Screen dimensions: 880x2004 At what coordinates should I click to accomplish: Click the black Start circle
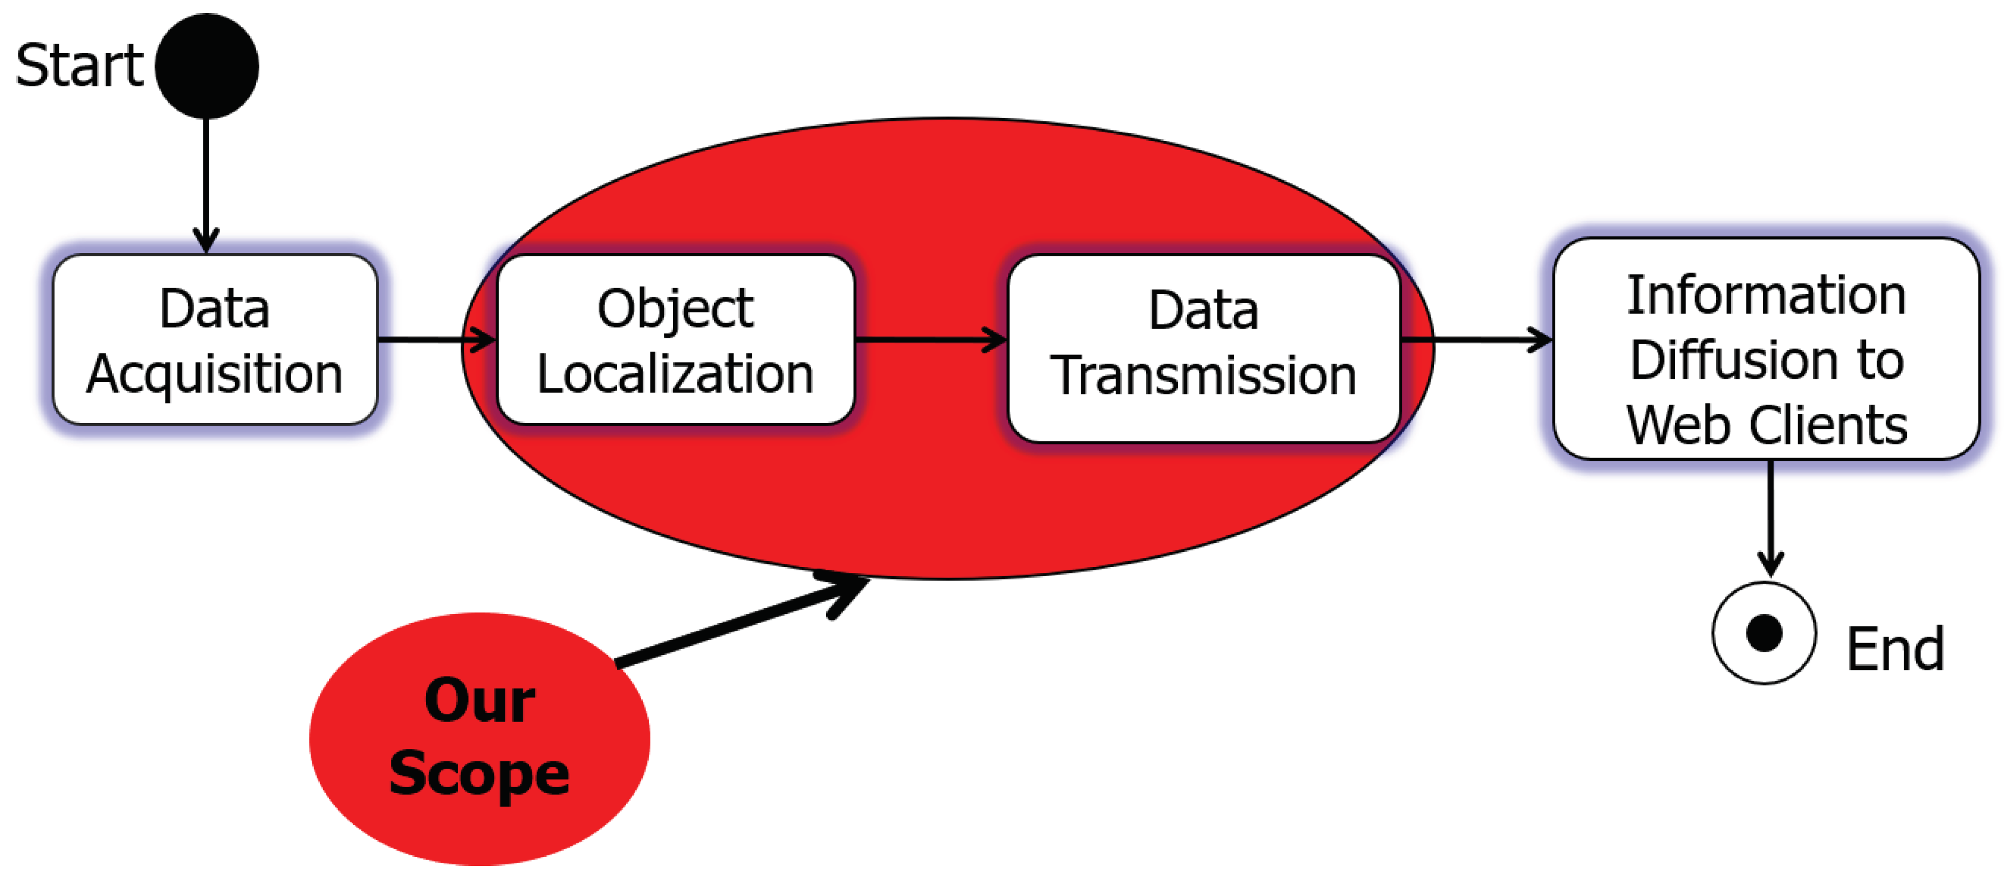207,66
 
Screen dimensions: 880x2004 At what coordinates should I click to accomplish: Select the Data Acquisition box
215,340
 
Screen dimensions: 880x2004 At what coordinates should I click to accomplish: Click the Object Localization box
675,340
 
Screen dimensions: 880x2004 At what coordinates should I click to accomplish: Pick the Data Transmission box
1204,348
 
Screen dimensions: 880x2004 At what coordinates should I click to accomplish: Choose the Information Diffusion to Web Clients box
1766,349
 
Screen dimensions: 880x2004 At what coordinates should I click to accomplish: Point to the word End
1895,649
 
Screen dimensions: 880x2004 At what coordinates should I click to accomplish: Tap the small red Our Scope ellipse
479,739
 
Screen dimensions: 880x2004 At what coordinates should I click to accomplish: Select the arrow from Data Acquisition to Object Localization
436,340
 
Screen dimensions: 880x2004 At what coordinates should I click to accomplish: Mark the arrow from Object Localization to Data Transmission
930,340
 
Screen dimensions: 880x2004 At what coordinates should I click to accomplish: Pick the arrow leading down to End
1770,517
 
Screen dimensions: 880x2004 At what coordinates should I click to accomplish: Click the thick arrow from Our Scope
739,623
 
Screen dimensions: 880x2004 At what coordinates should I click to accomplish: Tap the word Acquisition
215,375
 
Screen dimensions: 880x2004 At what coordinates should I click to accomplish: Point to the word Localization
675,375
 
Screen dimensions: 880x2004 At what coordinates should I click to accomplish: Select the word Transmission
1204,376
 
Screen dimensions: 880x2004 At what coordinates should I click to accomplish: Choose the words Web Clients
1766,426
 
